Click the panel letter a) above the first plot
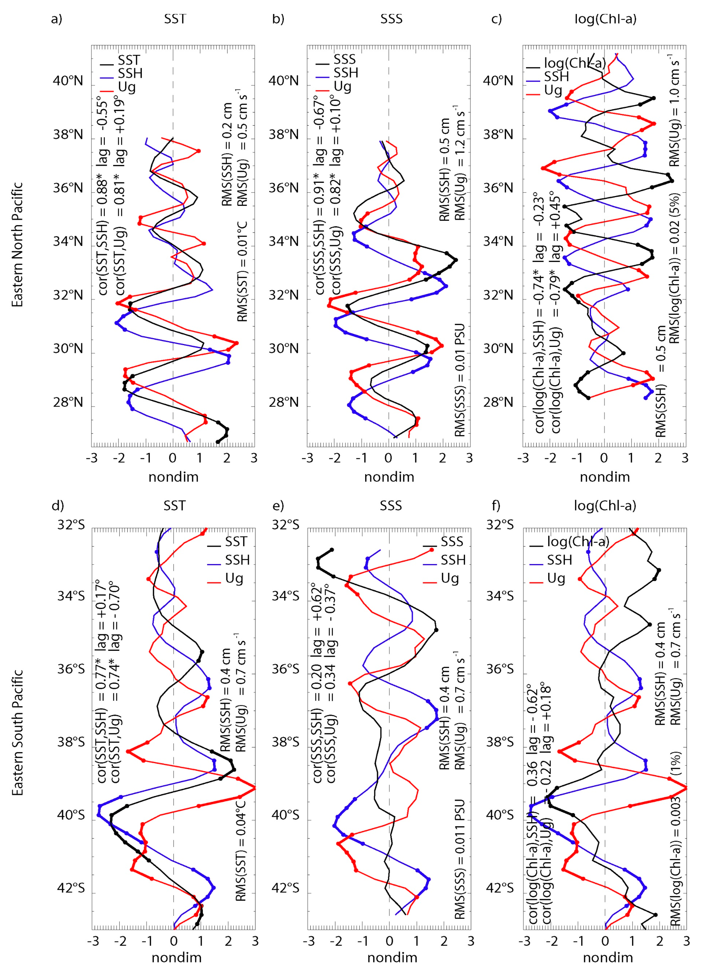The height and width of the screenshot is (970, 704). pos(56,19)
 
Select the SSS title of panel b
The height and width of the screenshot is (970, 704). pos(391,19)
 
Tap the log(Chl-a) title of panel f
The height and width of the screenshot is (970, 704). pos(605,506)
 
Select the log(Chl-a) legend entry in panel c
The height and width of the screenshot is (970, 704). pos(574,63)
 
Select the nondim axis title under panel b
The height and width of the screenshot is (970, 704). pos(389,477)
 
